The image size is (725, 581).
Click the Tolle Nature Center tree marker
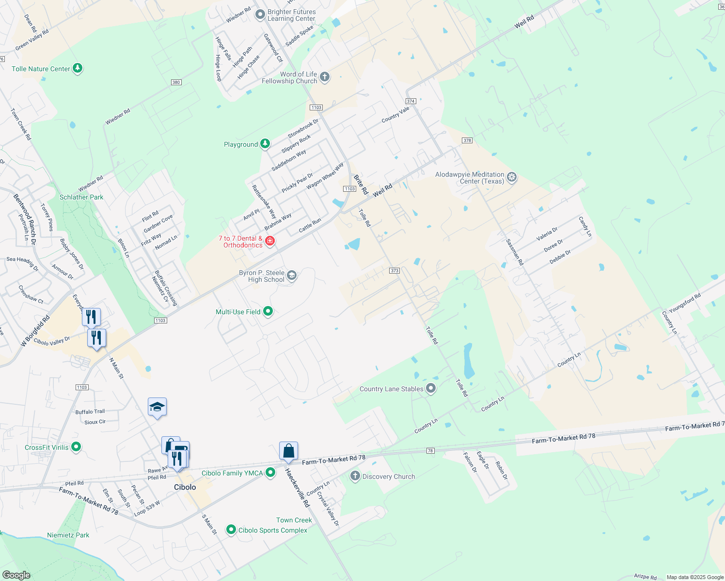pyautogui.click(x=78, y=68)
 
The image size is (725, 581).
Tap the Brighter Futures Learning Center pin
pyautogui.click(x=260, y=15)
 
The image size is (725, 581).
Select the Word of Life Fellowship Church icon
pyautogui.click(x=325, y=77)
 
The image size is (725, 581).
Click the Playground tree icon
pyautogui.click(x=265, y=144)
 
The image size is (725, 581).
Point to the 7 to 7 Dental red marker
pyautogui.click(x=270, y=241)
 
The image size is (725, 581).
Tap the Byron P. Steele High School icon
pyautogui.click(x=291, y=275)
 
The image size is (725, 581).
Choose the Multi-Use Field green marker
pyautogui.click(x=268, y=311)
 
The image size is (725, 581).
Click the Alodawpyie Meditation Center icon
pyautogui.click(x=512, y=177)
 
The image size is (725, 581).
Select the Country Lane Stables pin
pyautogui.click(x=431, y=388)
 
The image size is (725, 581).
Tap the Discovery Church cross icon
pyautogui.click(x=355, y=476)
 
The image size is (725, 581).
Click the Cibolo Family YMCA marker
pyautogui.click(x=270, y=473)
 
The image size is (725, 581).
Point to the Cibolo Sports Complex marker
pyautogui.click(x=231, y=530)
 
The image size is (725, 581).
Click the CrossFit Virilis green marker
pyautogui.click(x=76, y=447)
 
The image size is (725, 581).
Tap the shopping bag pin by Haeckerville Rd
pyautogui.click(x=288, y=451)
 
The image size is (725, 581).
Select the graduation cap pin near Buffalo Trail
pyautogui.click(x=157, y=407)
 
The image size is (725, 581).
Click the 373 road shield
pyautogui.click(x=394, y=271)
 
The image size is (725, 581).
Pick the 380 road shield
pyautogui.click(x=176, y=82)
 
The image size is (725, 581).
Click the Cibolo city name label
pyautogui.click(x=185, y=487)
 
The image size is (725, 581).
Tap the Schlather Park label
pyautogui.click(x=81, y=197)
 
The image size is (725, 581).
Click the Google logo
pyautogui.click(x=16, y=575)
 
